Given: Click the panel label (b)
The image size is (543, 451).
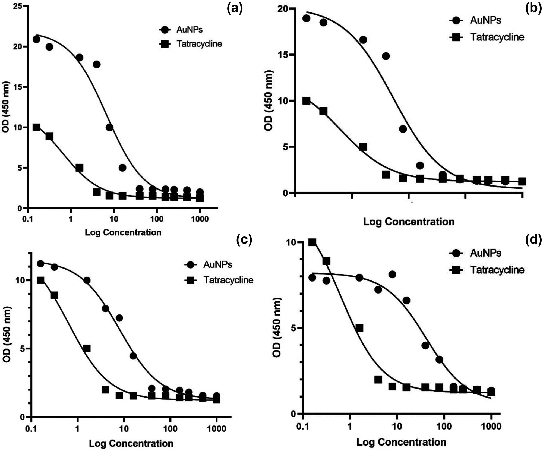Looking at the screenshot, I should [x=533, y=8].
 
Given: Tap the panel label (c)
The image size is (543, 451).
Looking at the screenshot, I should [x=244, y=240].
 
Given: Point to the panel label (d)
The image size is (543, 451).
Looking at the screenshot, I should [x=533, y=240].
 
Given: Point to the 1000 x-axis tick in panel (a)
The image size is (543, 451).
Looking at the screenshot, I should [x=200, y=219].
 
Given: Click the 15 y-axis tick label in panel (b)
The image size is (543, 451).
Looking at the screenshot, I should [x=283, y=55].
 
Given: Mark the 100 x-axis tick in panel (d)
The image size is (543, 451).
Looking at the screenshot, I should [x=444, y=426].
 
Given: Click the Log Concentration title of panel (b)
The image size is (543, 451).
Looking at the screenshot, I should [x=409, y=222].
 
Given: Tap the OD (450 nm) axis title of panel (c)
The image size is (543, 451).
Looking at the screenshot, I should [x=7, y=334].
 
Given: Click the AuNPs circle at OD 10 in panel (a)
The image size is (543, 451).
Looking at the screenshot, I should [x=109, y=127].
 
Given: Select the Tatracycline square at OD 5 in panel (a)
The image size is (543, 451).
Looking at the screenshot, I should [x=79, y=168].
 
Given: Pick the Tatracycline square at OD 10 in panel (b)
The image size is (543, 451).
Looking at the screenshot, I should [x=306, y=101].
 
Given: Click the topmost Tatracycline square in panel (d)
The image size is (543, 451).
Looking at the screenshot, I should [x=312, y=242].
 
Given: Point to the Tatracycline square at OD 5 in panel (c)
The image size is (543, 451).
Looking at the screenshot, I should [x=87, y=348].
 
